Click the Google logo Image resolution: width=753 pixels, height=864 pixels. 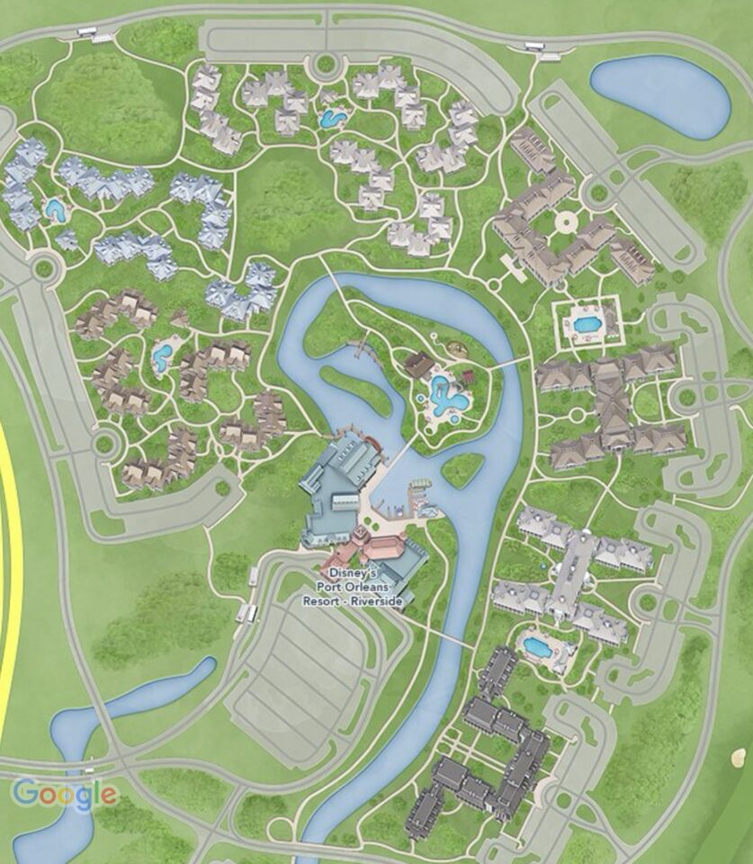pos(64,794)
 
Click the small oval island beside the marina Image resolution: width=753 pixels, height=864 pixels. pos(462,468)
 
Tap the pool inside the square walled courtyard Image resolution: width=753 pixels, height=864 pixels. pos(586,323)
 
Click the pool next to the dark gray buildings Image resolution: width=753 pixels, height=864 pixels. pos(537,646)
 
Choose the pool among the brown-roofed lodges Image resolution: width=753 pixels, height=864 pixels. pos(163,355)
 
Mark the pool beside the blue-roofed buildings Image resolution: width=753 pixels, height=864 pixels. pos(56,211)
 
